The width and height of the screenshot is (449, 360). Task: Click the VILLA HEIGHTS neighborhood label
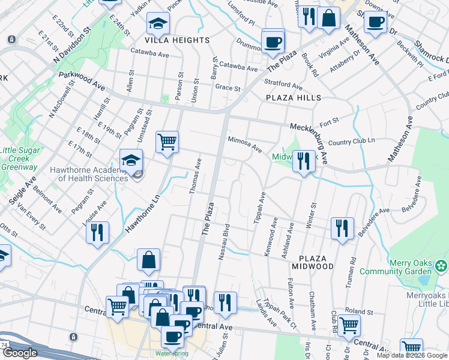(176, 40)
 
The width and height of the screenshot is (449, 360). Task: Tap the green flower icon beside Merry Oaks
(442, 265)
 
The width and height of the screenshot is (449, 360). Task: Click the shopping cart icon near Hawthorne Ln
(167, 142)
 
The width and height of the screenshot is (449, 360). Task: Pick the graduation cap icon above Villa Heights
(158, 23)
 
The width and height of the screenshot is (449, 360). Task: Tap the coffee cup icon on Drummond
(273, 42)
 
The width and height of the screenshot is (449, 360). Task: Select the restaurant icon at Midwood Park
(304, 161)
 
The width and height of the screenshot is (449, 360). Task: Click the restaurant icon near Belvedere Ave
(342, 229)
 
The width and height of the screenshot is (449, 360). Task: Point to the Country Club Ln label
(352, 142)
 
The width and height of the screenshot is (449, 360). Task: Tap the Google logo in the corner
(20, 353)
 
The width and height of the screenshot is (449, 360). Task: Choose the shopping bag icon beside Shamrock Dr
(329, 18)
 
